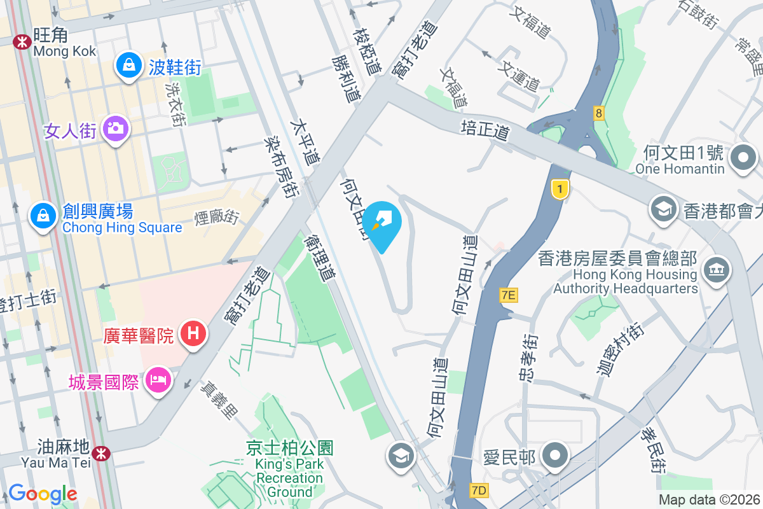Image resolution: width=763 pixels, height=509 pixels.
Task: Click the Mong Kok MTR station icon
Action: (x=22, y=42)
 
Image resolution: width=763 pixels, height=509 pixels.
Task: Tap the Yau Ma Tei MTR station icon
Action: (x=100, y=452)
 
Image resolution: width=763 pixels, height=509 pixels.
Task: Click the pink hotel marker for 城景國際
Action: (x=156, y=381)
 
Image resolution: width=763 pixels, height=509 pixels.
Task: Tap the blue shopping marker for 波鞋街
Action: (x=129, y=66)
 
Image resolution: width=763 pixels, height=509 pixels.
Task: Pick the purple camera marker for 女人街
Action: (x=115, y=129)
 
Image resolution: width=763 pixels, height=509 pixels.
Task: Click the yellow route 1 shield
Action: (x=560, y=190)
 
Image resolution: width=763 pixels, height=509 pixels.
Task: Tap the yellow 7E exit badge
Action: (x=509, y=295)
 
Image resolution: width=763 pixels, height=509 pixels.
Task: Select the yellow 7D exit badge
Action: (x=479, y=490)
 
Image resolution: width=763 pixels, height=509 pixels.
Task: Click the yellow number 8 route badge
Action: (x=598, y=113)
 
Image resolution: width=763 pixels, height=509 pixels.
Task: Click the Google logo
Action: (x=43, y=494)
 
